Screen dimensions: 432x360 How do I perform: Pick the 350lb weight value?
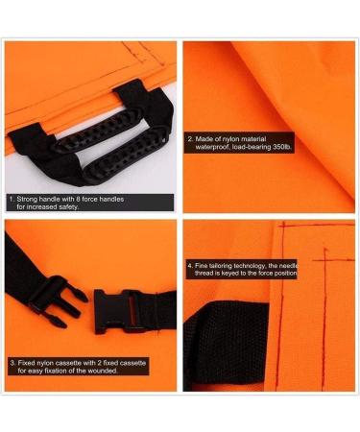(x=289, y=148)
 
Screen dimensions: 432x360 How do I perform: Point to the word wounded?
(x=102, y=371)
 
